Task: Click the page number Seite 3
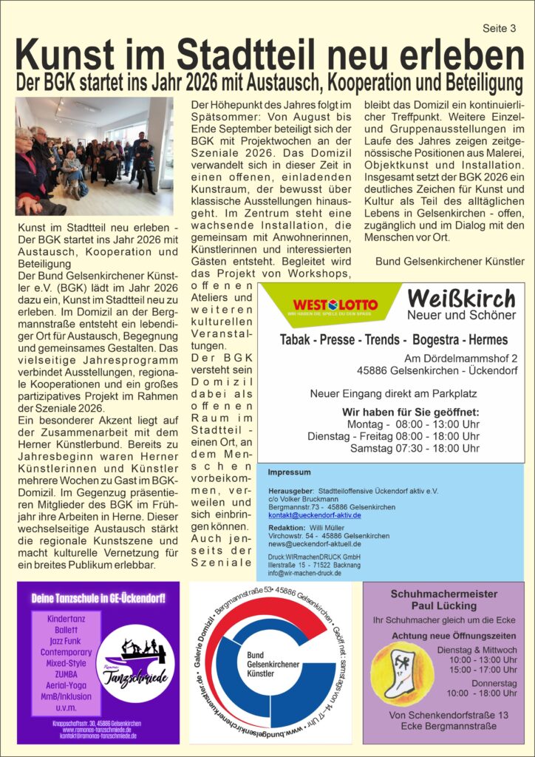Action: coord(499,29)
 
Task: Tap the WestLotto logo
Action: coord(335,305)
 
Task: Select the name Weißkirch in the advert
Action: coord(461,299)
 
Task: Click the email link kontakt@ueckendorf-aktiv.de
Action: coord(314,515)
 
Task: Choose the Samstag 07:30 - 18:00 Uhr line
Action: coord(415,448)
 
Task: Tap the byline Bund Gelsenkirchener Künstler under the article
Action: coord(449,261)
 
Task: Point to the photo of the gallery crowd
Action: coord(94,156)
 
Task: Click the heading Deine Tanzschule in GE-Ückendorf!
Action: coord(98,597)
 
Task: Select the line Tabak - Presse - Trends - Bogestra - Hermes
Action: coord(394,340)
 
